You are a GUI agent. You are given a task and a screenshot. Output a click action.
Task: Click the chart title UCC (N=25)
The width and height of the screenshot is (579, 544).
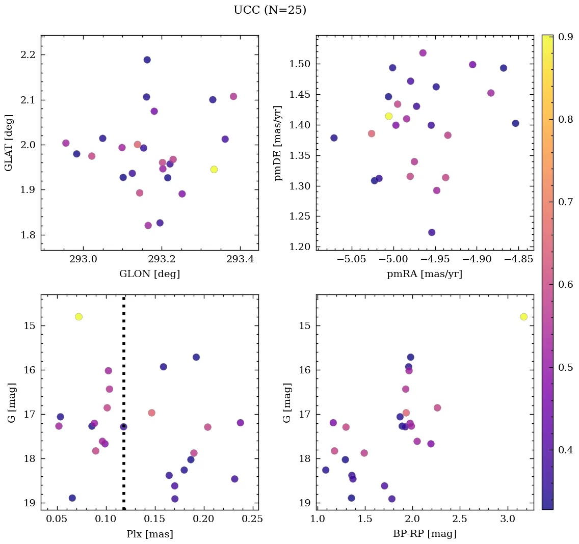tap(270, 10)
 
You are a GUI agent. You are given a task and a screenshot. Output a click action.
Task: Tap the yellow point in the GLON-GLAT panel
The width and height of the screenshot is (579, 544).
tap(214, 169)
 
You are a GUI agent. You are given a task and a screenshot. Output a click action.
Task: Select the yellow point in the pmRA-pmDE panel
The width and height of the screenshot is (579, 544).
tap(389, 116)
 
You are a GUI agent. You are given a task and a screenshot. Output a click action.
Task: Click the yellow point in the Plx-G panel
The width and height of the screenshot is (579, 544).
tap(78, 317)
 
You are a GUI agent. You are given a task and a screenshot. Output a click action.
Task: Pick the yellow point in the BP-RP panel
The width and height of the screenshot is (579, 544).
tap(523, 317)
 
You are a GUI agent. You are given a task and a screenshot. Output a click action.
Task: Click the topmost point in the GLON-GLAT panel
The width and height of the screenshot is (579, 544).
tap(147, 60)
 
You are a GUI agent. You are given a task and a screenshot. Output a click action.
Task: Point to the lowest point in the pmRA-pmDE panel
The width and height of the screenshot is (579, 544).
tap(432, 232)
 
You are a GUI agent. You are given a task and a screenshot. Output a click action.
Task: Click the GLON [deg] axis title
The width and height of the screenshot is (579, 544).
tap(149, 274)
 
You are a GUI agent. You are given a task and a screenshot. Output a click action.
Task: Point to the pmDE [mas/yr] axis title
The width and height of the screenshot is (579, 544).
tap(278, 143)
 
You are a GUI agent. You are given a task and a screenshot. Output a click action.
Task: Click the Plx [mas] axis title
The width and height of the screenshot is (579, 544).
tap(149, 534)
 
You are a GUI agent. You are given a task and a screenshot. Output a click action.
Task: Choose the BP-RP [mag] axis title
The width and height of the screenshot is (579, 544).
tap(425, 534)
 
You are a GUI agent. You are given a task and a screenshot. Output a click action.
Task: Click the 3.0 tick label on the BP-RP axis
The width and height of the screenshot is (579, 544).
tap(508, 519)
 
